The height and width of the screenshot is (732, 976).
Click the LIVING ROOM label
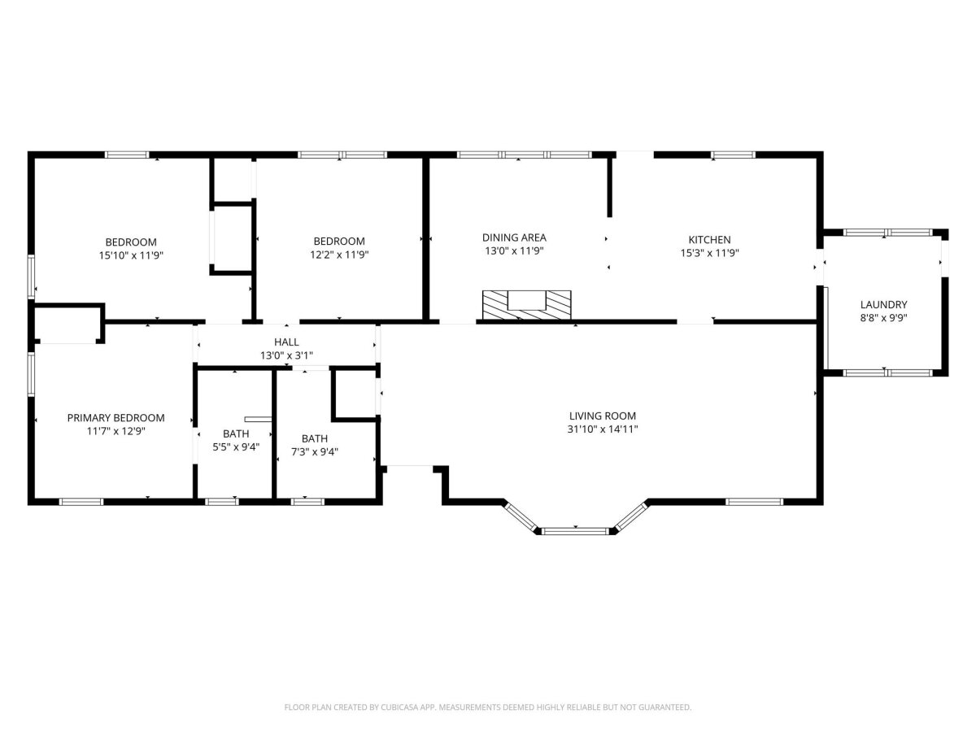pyautogui.click(x=603, y=416)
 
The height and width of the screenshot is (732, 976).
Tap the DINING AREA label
pyautogui.click(x=514, y=237)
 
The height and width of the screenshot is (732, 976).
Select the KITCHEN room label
pyautogui.click(x=709, y=240)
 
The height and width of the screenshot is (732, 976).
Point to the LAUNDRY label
pyautogui.click(x=883, y=305)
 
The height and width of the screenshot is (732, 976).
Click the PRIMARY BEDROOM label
pyautogui.click(x=115, y=418)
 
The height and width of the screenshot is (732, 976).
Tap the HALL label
pyautogui.click(x=286, y=342)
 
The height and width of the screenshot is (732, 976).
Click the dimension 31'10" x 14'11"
pyautogui.click(x=603, y=429)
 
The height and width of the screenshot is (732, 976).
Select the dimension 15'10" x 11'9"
pyautogui.click(x=131, y=255)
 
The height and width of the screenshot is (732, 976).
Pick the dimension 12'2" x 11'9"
pyautogui.click(x=339, y=255)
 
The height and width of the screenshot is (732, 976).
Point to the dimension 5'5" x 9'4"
pyautogui.click(x=236, y=447)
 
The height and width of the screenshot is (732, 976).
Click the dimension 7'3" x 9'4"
pyautogui.click(x=315, y=452)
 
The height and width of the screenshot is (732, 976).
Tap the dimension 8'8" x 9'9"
pyautogui.click(x=883, y=318)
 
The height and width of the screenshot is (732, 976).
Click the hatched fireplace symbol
pyautogui.click(x=527, y=305)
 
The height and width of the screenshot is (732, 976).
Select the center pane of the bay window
pyautogui.click(x=575, y=531)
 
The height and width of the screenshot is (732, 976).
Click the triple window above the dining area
pyautogui.click(x=525, y=155)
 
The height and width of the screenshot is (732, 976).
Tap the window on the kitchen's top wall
pyautogui.click(x=734, y=155)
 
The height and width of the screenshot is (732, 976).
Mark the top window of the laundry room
pyautogui.click(x=887, y=233)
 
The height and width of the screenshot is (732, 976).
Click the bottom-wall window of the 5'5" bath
pyautogui.click(x=221, y=502)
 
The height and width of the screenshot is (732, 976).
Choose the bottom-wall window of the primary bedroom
pyautogui.click(x=81, y=502)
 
